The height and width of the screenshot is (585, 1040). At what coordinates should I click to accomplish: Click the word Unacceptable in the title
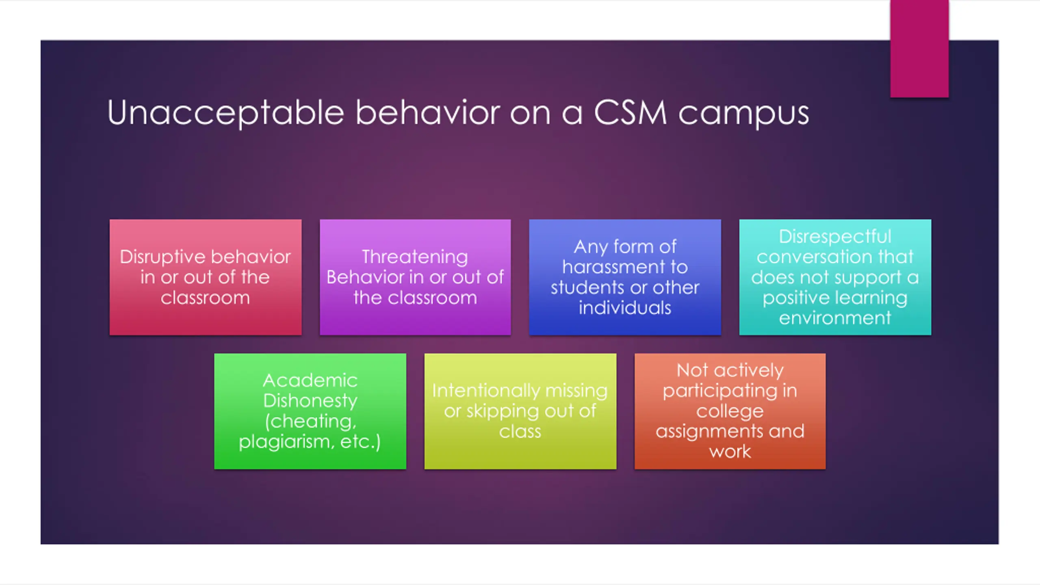point(225,113)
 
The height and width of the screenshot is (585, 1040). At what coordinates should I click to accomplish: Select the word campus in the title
point(744,114)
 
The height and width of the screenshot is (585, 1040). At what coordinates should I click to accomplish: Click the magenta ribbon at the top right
point(919,49)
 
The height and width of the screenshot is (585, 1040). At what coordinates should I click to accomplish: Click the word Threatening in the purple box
point(415,257)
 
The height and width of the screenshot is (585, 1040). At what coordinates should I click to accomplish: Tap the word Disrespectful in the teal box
point(835,236)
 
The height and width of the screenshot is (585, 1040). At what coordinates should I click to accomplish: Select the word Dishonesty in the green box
point(310,401)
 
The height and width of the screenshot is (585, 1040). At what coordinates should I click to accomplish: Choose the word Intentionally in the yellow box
point(485,391)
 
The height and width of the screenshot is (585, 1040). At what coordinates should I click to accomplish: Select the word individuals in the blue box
point(625,308)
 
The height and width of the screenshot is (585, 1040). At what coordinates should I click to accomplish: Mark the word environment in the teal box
point(835,318)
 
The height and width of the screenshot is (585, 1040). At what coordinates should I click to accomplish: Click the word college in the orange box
point(730,411)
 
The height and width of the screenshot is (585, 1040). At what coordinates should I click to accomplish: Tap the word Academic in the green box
point(310,381)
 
